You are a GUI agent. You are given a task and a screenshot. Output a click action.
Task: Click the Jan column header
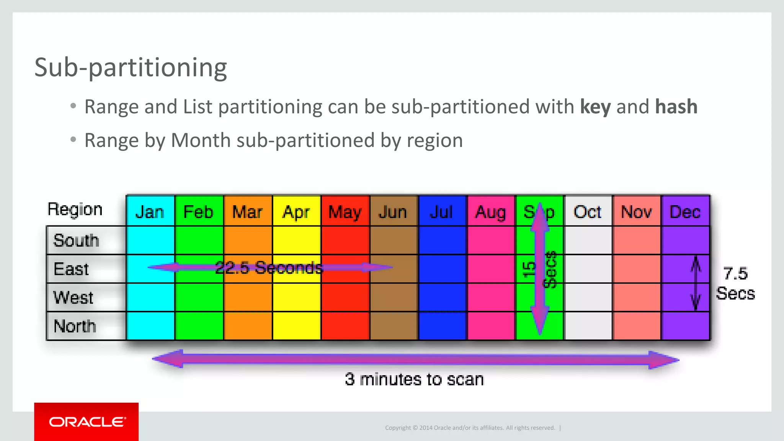click(150, 212)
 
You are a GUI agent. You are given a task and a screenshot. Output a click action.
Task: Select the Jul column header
click(442, 212)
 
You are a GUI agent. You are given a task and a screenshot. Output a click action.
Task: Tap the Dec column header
click(685, 212)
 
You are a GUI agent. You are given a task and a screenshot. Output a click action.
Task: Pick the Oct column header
click(588, 212)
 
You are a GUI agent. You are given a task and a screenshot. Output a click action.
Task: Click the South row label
click(77, 240)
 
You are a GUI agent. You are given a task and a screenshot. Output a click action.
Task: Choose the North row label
click(75, 326)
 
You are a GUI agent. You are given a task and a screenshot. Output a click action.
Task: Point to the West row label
click(73, 297)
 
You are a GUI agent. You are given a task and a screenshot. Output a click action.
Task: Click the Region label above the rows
click(75, 209)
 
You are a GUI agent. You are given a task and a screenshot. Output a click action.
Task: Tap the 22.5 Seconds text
click(269, 267)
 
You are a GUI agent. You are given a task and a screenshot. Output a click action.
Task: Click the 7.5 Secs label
click(735, 284)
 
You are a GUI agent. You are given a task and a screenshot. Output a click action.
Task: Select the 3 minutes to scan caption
click(414, 379)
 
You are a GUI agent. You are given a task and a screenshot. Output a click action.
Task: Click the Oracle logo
click(87, 421)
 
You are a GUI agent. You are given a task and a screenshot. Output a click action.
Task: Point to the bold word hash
click(676, 106)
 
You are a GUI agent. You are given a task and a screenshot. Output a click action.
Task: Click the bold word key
click(595, 106)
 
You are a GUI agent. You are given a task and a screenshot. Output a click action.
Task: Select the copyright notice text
click(470, 428)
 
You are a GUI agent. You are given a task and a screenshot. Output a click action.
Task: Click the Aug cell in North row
click(491, 326)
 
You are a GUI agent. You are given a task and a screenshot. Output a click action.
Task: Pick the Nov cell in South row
click(637, 240)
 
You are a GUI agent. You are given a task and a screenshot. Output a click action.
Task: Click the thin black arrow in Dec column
click(696, 283)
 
